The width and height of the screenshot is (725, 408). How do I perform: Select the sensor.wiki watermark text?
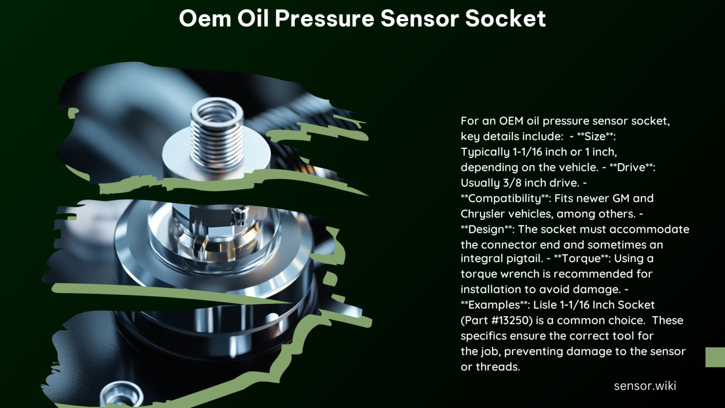tap(645, 386)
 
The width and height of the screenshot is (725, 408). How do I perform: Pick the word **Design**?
tap(487, 229)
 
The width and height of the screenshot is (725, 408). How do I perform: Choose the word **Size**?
tap(596, 136)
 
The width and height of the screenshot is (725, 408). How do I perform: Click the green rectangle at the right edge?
tap(715, 357)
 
